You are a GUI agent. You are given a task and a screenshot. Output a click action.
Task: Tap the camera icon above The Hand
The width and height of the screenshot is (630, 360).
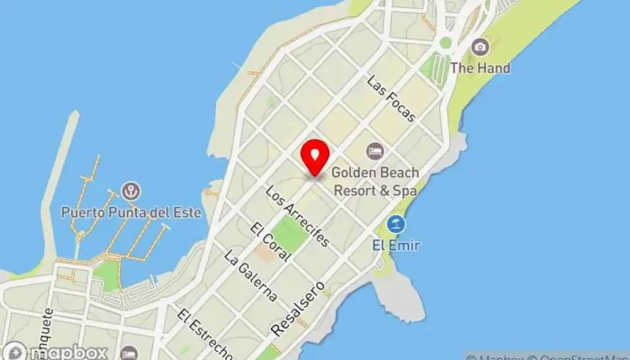coord(480,47)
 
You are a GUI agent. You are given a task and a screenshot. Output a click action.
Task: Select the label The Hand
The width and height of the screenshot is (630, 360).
coord(480,67)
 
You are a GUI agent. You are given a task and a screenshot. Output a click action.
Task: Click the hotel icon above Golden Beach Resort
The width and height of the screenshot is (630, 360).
coord(374,149)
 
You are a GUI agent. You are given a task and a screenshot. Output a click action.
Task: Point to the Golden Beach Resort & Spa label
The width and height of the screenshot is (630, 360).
coord(375,179)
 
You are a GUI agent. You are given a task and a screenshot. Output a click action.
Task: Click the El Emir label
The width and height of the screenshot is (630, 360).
coord(396,244)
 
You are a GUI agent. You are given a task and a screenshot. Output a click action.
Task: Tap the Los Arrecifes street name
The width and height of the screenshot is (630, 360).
coord(297,218)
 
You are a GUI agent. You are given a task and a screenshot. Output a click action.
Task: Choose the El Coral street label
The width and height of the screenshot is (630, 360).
coord(269,241)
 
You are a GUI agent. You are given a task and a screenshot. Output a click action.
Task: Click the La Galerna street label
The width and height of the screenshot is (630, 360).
coord(249,274)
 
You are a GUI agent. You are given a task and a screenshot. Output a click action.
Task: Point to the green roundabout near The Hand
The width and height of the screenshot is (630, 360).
coord(445,42)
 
